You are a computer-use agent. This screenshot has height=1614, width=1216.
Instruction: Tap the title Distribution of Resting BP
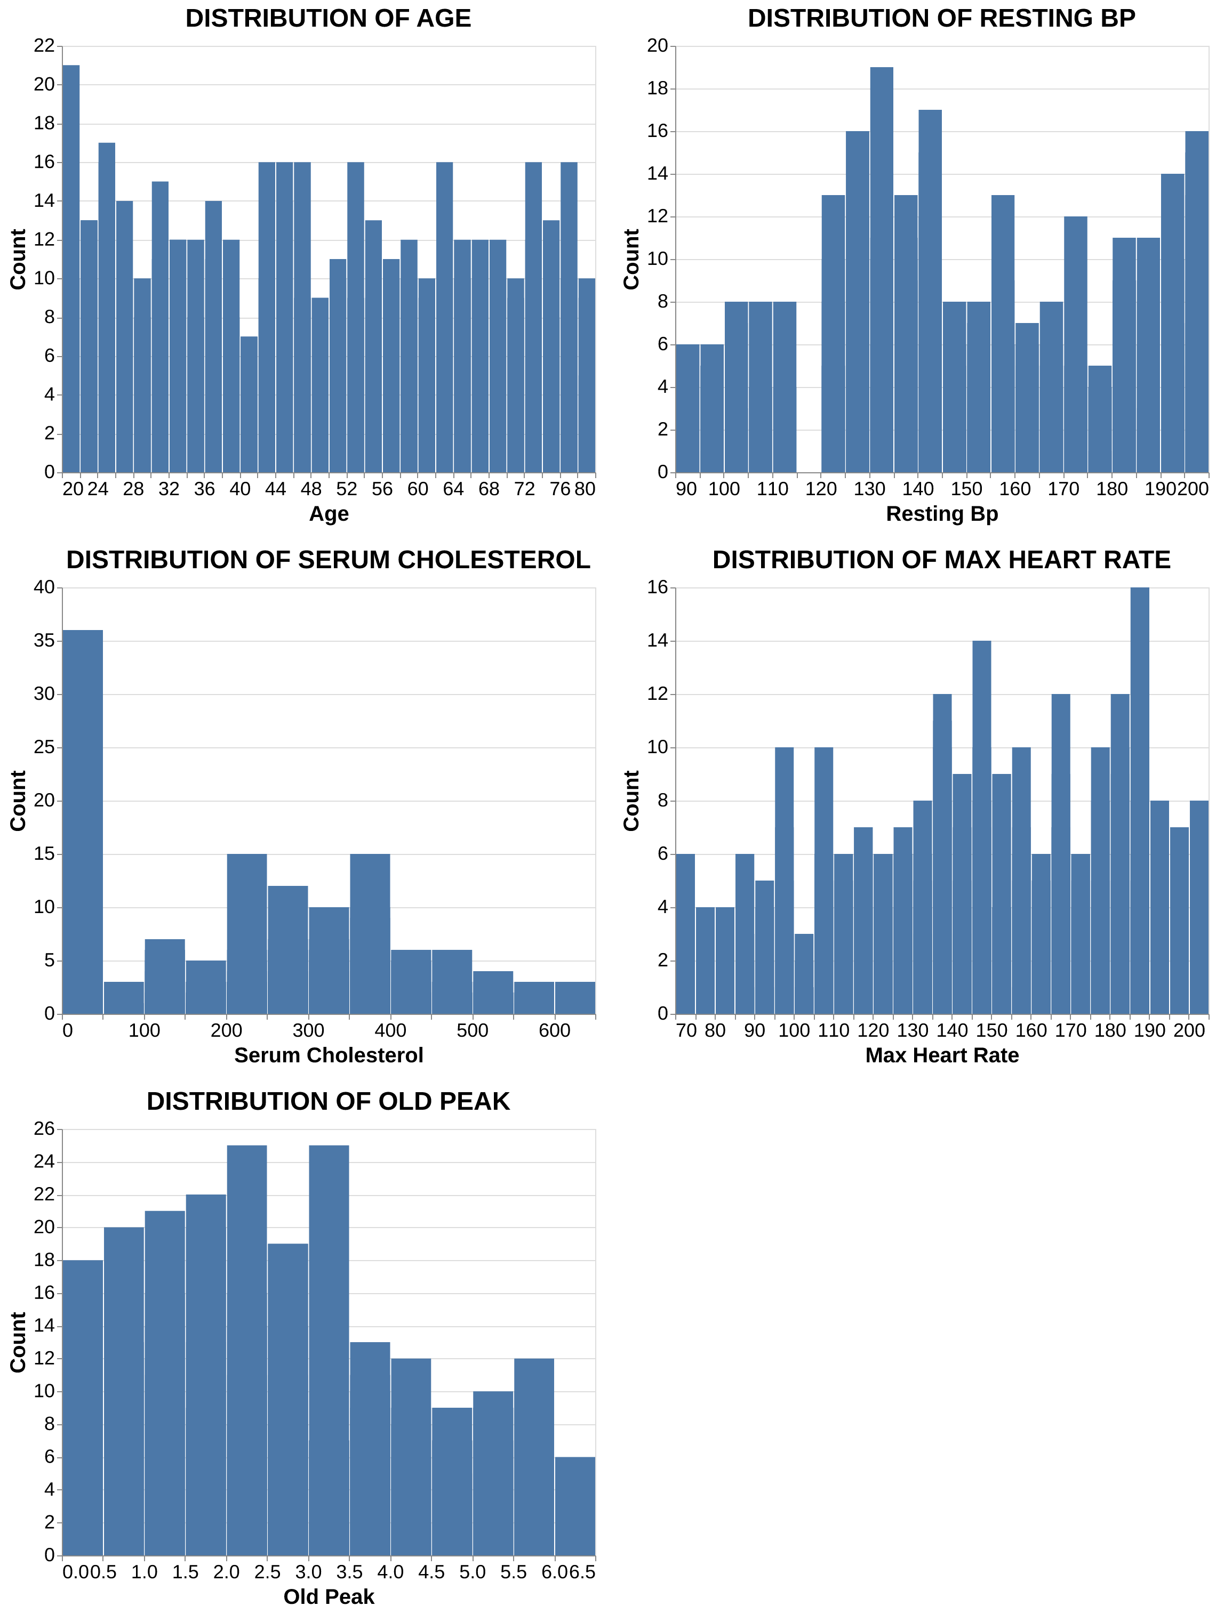coord(941,18)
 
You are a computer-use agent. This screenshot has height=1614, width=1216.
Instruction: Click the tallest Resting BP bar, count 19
coord(881,270)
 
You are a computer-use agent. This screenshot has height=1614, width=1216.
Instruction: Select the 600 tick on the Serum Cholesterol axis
coord(554,1030)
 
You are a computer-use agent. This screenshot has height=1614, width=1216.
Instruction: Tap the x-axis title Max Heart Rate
coord(941,1055)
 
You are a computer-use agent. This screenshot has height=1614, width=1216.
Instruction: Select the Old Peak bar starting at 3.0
coord(329,1350)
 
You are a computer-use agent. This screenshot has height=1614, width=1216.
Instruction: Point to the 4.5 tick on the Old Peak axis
coord(431,1572)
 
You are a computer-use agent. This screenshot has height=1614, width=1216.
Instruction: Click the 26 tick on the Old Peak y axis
coord(44,1129)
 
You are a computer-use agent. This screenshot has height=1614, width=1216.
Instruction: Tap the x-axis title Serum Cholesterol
coord(329,1055)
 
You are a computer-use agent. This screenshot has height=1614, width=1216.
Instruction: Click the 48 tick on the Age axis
coord(311,489)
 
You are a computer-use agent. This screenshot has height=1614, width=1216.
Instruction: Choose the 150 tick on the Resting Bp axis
coord(966,489)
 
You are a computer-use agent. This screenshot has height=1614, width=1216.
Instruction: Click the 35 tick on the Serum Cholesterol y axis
coord(44,641)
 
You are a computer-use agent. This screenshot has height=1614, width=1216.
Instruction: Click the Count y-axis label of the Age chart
coord(18,259)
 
